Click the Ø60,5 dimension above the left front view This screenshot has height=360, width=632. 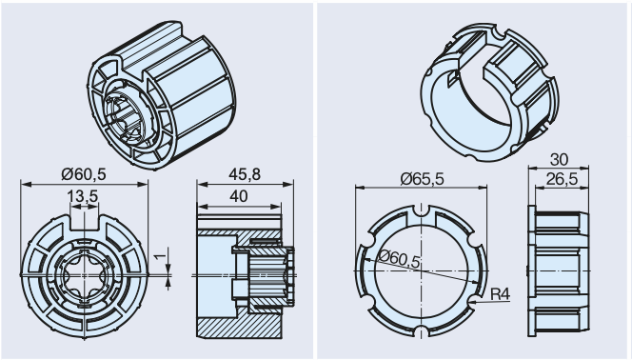(84, 174)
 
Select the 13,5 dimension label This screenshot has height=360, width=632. (83, 196)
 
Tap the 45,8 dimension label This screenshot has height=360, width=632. (245, 174)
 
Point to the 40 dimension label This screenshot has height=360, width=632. (239, 196)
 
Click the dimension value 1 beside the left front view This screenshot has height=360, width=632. (161, 256)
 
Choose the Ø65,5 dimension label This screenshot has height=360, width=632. (422, 178)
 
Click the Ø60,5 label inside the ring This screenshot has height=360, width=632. (400, 258)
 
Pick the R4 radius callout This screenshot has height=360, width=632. (501, 294)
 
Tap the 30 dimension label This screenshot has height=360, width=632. (559, 160)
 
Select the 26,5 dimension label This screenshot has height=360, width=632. (562, 179)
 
